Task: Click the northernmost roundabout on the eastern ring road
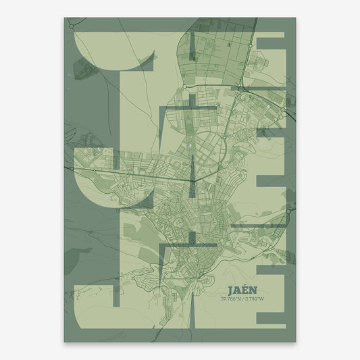[x=250, y=45]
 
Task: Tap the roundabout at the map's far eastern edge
[x=289, y=211]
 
